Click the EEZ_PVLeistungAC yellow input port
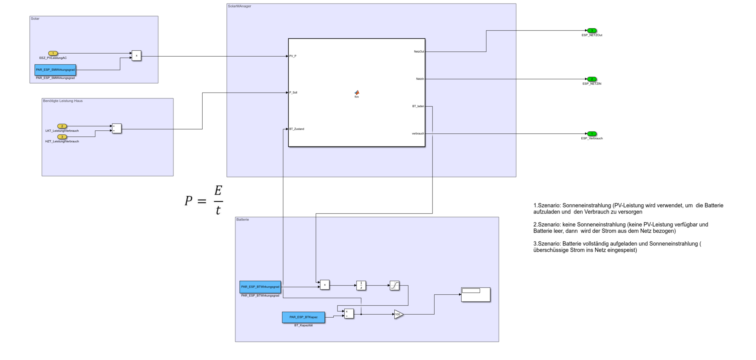pos(53,53)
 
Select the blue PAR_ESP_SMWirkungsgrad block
pos(55,70)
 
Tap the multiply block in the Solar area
pos(136,56)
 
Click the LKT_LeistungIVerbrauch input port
pos(62,126)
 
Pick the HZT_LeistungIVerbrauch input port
pos(62,137)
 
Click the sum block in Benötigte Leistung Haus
pos(117,128)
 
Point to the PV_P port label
pos(293,56)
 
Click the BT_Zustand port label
pos(297,129)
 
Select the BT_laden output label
pos(418,106)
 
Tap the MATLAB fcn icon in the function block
pos(356,93)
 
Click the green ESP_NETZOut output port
pos(592,31)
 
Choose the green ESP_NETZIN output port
pos(592,79)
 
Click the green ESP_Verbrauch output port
pos(592,134)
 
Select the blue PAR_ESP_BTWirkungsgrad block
pos(260,287)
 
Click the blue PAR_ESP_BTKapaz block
pos(303,317)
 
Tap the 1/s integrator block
pos(361,285)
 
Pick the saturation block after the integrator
pos(394,285)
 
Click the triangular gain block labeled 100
pos(398,314)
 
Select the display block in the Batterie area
pos(476,295)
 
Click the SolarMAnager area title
pos(239,6)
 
